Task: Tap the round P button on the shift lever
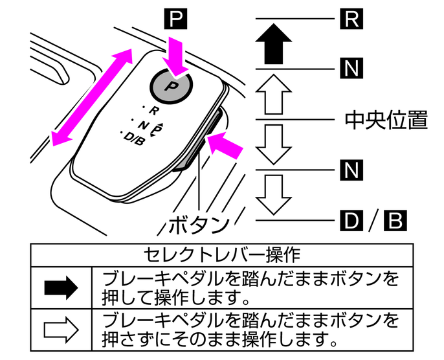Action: point(172,84)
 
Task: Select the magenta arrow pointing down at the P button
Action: point(175,54)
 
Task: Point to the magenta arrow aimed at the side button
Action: point(226,145)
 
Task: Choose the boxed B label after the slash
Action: point(395,220)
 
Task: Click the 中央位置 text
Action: point(385,119)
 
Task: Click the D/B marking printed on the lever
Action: point(133,137)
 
